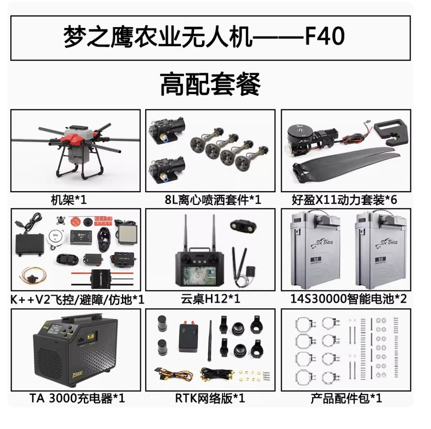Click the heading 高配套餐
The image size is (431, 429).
(210, 85)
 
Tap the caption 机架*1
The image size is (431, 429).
(68, 200)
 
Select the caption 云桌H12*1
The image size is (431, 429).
(210, 299)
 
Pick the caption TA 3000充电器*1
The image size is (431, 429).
(77, 398)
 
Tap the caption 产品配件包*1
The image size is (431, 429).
(346, 398)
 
